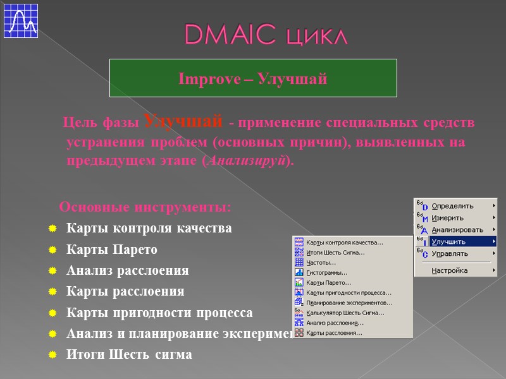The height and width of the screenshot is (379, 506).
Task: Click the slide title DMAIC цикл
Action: (266, 35)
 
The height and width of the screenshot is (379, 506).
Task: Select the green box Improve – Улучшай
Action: (253, 78)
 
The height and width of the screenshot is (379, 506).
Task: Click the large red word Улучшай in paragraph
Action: (183, 120)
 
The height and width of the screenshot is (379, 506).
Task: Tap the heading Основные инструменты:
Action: (145, 207)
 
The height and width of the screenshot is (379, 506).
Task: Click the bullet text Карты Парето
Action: (111, 249)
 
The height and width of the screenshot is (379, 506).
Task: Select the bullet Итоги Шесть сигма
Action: (128, 354)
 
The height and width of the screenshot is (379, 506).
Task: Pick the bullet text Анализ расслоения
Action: (127, 270)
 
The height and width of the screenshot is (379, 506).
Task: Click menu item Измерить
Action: (447, 218)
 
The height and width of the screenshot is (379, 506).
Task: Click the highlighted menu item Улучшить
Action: (448, 241)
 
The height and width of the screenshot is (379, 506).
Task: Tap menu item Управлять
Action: (450, 253)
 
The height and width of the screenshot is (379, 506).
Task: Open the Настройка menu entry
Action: (450, 270)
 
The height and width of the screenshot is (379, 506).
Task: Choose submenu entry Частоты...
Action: (321, 263)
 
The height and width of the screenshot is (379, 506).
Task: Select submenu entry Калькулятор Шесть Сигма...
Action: (345, 313)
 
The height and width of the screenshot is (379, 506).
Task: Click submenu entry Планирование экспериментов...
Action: (349, 303)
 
